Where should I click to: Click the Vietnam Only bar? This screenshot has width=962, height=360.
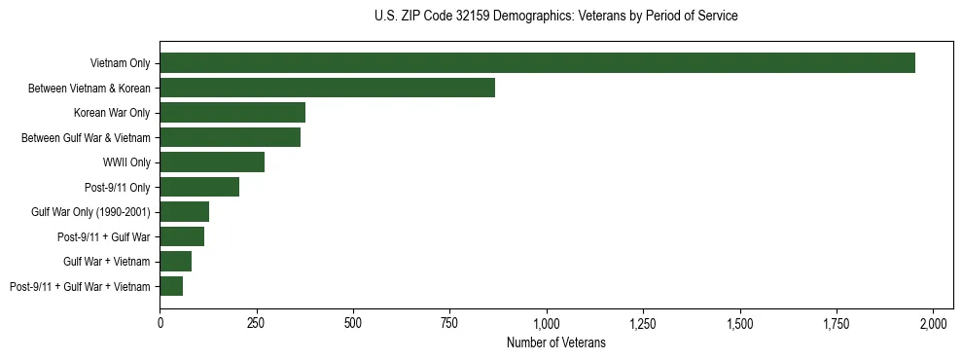point(537,63)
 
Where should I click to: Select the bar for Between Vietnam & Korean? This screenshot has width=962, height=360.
point(327,88)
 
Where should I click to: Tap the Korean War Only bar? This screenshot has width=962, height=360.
point(232,113)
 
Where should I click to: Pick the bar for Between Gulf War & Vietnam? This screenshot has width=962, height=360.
point(230,137)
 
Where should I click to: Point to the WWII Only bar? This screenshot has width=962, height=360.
point(212,162)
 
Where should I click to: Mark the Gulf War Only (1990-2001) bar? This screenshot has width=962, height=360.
point(184,211)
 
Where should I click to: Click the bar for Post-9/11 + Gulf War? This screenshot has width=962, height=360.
point(182,236)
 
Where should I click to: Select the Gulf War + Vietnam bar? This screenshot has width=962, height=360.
point(175,261)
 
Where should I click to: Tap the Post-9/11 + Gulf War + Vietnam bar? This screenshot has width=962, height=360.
point(171,286)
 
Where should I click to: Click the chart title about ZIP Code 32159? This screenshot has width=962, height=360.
point(555,17)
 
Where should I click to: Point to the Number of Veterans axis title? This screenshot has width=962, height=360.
point(556,342)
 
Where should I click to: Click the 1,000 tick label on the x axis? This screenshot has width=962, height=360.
point(547,322)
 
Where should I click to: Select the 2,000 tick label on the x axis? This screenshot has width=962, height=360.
point(933,322)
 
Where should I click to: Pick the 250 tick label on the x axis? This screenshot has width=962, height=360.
point(257,322)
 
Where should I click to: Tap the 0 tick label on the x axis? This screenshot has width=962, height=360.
point(160,322)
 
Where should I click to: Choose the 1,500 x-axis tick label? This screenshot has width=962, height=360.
point(740,322)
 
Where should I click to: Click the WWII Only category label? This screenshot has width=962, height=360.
point(126,162)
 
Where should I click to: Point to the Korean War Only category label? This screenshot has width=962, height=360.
point(112,113)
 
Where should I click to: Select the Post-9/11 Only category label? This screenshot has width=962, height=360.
point(118,187)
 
